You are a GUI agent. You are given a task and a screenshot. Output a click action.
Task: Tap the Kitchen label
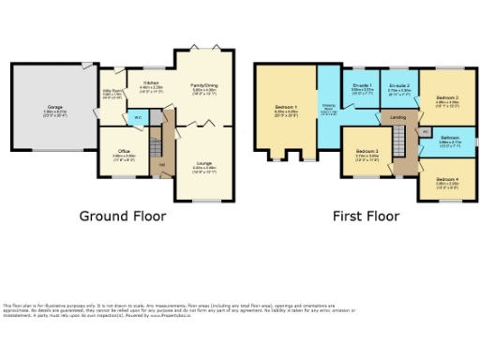click(x=151, y=83)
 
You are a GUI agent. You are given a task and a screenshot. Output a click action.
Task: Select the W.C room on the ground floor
click(x=137, y=117)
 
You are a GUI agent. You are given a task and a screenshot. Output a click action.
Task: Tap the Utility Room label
click(x=112, y=93)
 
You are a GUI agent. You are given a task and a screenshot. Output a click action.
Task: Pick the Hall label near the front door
click(x=161, y=165)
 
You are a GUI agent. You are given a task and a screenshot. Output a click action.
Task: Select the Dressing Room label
click(x=328, y=107)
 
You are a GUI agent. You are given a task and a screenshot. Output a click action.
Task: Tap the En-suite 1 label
click(x=363, y=86)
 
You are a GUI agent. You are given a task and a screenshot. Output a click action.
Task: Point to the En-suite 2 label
click(x=400, y=86)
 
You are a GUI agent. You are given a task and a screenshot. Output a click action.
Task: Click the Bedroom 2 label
click(x=446, y=97)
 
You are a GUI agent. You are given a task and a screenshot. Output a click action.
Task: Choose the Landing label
click(x=397, y=117)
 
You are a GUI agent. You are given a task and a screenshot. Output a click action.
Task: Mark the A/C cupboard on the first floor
click(x=425, y=132)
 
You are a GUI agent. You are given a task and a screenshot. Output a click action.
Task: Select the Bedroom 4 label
click(x=447, y=173)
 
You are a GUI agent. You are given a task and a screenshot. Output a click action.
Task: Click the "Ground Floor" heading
click(x=122, y=216)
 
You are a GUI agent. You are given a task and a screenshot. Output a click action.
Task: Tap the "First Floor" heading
click(x=366, y=216)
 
